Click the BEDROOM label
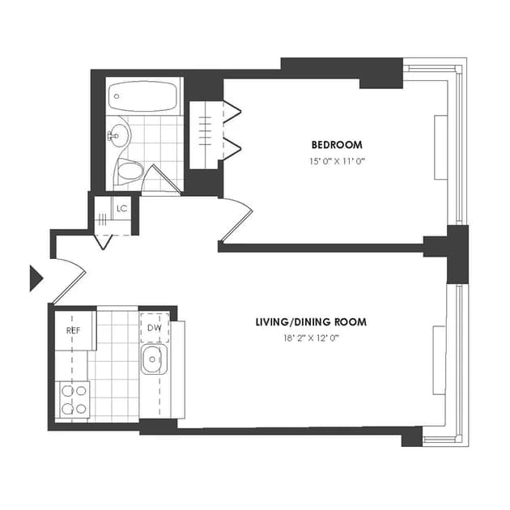[x=337, y=145]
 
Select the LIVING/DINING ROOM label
[x=311, y=322]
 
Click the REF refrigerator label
[x=72, y=330]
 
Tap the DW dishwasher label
[x=154, y=328]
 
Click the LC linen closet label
[x=121, y=209]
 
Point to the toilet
[x=129, y=171]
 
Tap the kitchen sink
[x=153, y=360]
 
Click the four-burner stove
[x=74, y=398]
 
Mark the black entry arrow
[x=35, y=278]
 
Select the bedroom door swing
[x=237, y=219]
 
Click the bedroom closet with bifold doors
[x=207, y=134]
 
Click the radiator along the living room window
[x=439, y=361]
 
